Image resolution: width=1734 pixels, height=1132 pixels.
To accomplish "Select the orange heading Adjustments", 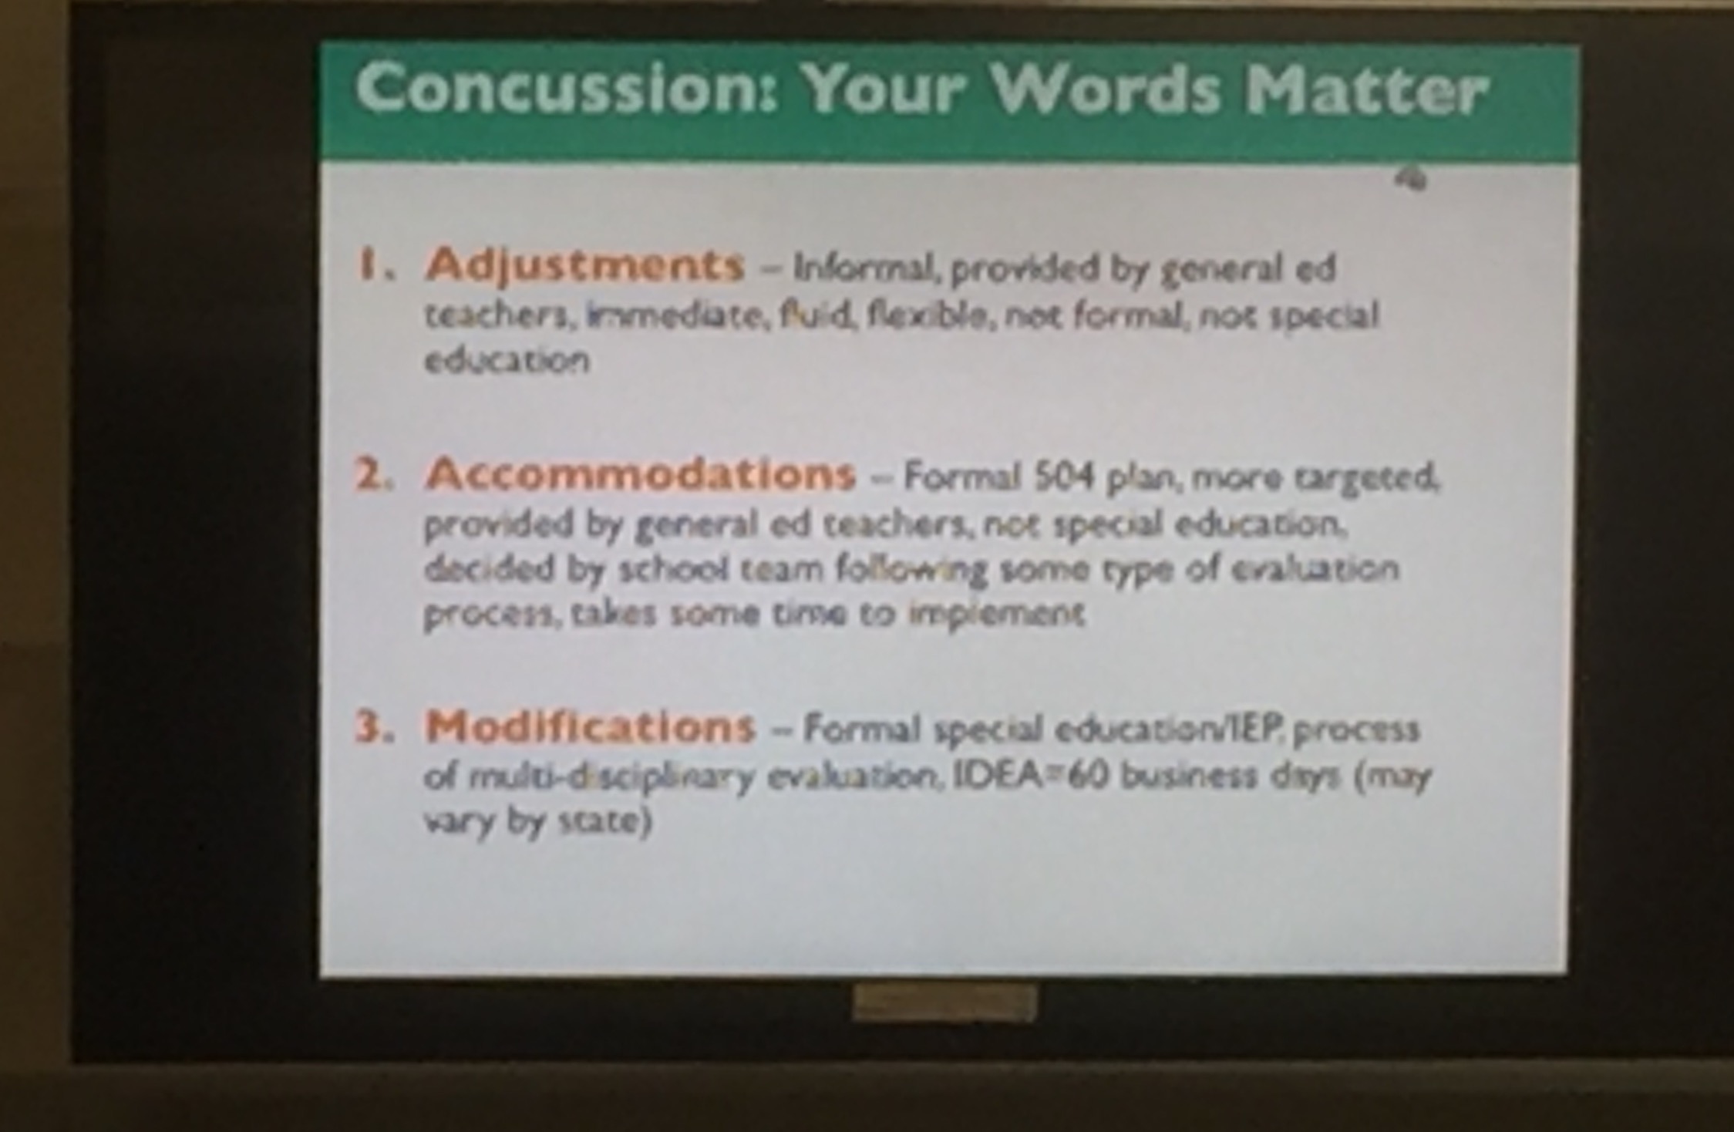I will [x=584, y=265].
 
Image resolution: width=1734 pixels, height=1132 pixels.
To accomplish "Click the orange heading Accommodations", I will [x=640, y=473].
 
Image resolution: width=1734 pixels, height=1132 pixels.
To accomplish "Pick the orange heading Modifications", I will [x=589, y=726].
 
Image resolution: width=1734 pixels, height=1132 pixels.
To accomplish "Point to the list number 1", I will [x=373, y=265].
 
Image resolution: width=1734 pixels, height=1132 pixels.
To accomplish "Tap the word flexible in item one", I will [x=926, y=316].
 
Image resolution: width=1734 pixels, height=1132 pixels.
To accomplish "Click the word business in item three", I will [x=1187, y=776].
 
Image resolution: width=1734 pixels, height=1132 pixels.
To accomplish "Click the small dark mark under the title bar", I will [x=1411, y=180].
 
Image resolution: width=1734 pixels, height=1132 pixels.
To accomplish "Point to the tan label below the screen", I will [x=944, y=1003].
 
